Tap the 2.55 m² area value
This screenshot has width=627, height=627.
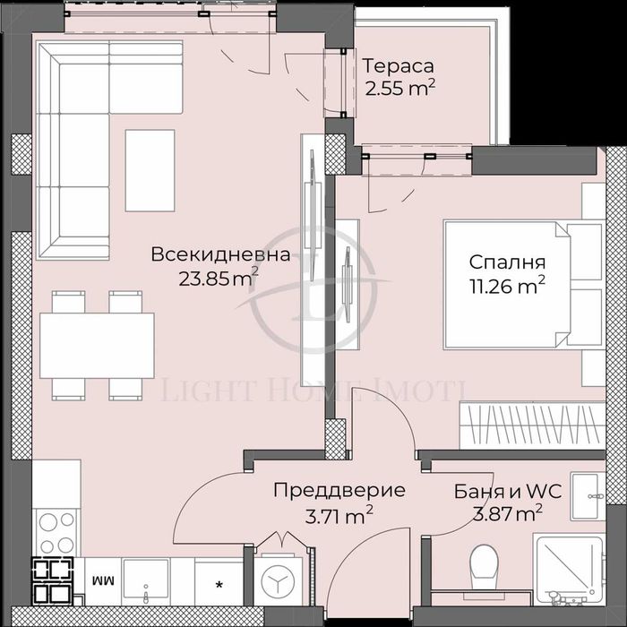click(x=399, y=88)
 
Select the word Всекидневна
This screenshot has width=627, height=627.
click(x=220, y=254)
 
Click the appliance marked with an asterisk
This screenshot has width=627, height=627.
click(x=219, y=582)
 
